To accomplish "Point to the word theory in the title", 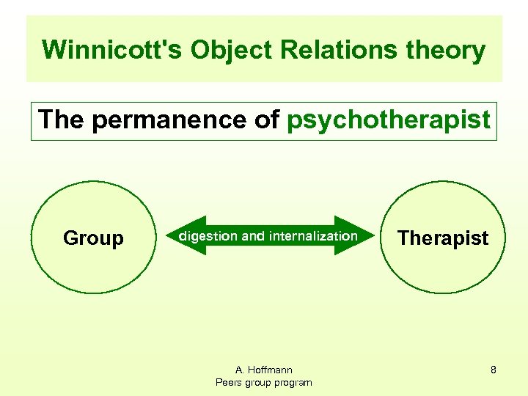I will click(x=448, y=51).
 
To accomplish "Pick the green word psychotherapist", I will click(x=389, y=120).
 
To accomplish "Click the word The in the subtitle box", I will click(x=62, y=120).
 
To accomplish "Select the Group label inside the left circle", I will click(x=93, y=238).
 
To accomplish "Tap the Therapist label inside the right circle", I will click(x=443, y=238).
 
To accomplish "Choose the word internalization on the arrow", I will click(x=313, y=236).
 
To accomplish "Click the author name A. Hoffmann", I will click(x=263, y=370).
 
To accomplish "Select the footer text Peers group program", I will click(x=263, y=382).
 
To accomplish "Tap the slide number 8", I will click(x=494, y=370).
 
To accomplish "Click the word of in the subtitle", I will click(x=267, y=120).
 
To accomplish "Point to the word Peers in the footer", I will click(x=230, y=382).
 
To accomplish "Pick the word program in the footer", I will click(x=293, y=382).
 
